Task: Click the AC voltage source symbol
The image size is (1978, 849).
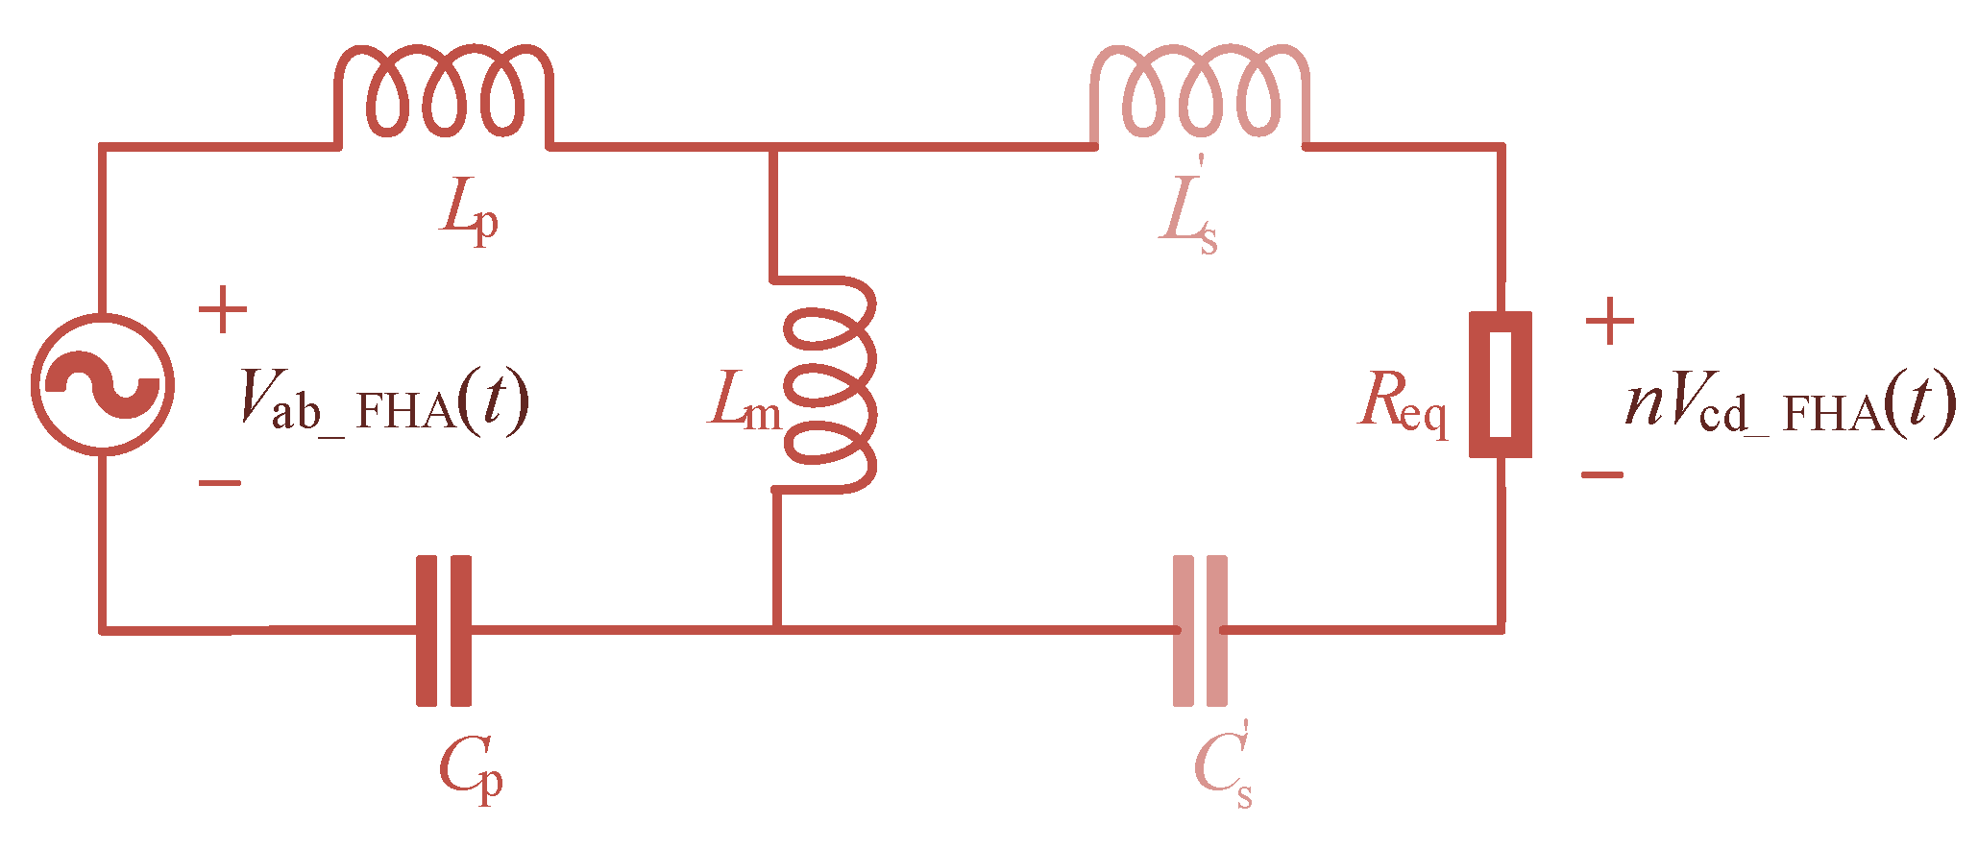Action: [103, 384]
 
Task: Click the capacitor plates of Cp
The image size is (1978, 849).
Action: [444, 630]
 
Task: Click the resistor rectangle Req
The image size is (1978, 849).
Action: [1501, 384]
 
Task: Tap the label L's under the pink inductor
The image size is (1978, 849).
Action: [1189, 216]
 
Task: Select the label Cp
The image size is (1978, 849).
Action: [471, 768]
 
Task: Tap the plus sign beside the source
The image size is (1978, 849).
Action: [223, 309]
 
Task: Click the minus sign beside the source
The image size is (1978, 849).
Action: [220, 483]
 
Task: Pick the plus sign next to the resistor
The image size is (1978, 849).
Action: [1610, 322]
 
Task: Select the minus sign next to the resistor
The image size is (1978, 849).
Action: [1601, 474]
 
